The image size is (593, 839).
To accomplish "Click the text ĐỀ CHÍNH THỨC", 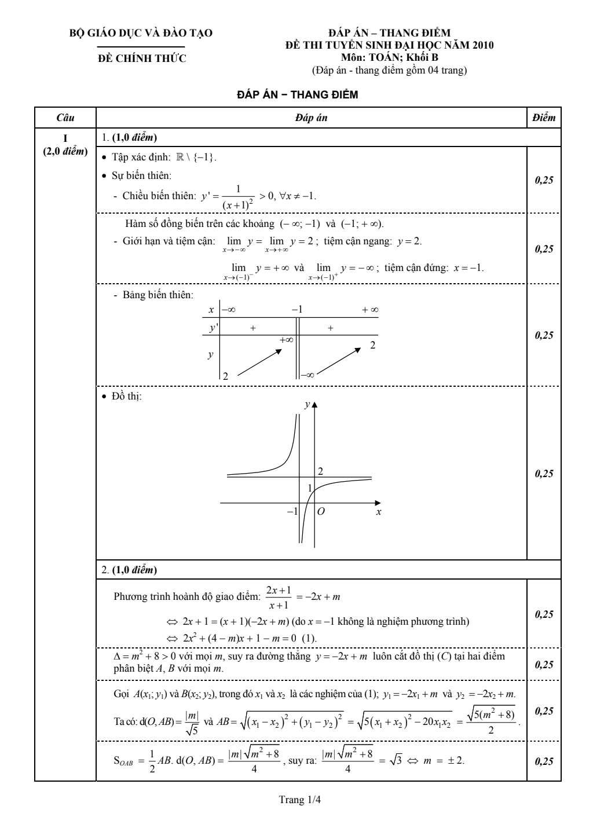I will pos(141,58).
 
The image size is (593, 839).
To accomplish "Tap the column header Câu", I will pos(65,118).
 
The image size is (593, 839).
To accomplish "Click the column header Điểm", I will pos(544,118).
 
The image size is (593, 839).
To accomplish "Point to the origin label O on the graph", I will pos(321,511).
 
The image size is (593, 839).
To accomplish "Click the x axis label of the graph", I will pos(379,512).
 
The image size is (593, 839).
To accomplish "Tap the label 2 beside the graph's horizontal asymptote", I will pos(320,471).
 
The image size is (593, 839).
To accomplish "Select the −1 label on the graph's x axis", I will pos(292,511).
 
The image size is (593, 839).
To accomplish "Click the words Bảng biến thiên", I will pos(158,295).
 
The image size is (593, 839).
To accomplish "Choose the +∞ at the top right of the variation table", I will pos(370,310).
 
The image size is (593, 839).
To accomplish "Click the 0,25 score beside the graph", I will pos(544,474).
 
